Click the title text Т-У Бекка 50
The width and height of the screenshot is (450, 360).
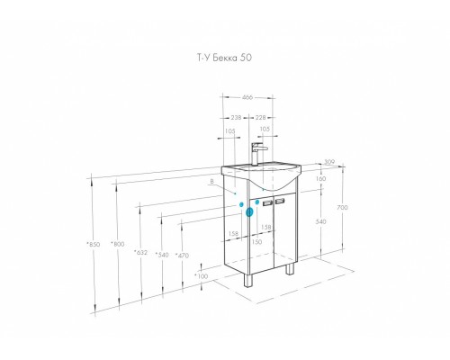(x=224, y=58)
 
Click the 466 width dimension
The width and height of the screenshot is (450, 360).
(x=247, y=97)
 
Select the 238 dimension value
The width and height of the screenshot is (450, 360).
(x=236, y=117)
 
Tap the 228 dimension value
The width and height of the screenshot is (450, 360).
(x=260, y=117)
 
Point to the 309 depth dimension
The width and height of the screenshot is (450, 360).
(x=329, y=162)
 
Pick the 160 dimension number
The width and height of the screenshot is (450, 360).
(x=320, y=179)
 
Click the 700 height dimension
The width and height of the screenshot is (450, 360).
(x=342, y=207)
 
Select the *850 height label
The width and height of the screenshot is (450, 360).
(x=93, y=244)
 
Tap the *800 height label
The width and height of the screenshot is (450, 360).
(x=118, y=244)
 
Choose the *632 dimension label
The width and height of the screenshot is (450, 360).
(x=140, y=253)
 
